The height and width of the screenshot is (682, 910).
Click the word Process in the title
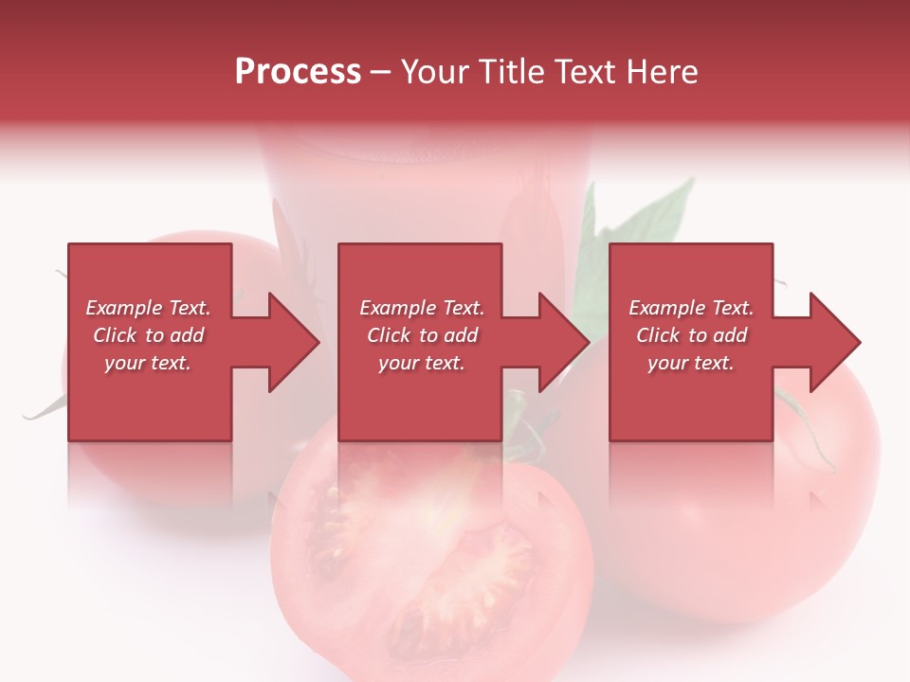pyautogui.click(x=298, y=71)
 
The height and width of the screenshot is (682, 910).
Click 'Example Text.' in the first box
pyautogui.click(x=148, y=308)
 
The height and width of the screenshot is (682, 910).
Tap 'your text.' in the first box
pyautogui.click(x=148, y=363)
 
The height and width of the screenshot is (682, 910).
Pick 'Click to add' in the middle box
pyautogui.click(x=422, y=335)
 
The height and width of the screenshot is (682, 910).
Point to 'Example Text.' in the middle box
pyautogui.click(x=422, y=308)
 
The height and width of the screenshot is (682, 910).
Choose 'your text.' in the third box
pyautogui.click(x=691, y=363)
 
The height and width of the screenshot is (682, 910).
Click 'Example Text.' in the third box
pyautogui.click(x=691, y=308)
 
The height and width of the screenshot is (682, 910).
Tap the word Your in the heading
pyautogui.click(x=437, y=71)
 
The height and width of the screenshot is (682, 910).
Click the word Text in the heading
pyautogui.click(x=586, y=71)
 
